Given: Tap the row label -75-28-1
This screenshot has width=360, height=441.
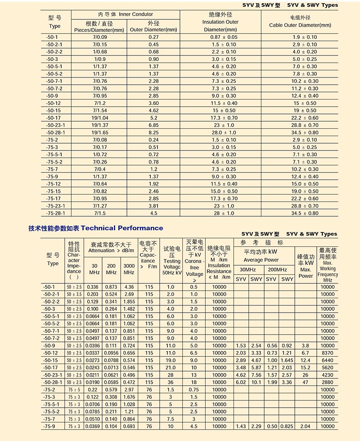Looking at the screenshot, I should point(55,213).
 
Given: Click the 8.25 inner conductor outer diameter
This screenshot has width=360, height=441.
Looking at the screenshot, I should point(153,132).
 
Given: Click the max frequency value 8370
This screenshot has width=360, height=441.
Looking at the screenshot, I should point(328,353).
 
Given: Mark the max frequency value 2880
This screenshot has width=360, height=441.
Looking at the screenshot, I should point(328,382).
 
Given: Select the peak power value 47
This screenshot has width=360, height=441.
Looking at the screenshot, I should point(306,382).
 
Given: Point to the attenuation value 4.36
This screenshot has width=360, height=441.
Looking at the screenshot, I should point(129,287).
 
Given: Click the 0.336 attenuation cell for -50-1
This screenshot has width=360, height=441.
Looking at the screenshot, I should point(93,287).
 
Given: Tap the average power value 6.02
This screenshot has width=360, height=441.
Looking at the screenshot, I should point(241,382).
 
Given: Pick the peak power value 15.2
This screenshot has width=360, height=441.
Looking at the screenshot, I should point(306,368).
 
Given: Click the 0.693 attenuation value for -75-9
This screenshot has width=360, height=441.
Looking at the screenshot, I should point(129,426).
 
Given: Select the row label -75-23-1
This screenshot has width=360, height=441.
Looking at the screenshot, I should point(55,206).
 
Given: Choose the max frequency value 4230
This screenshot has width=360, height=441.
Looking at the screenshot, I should point(328,375).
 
